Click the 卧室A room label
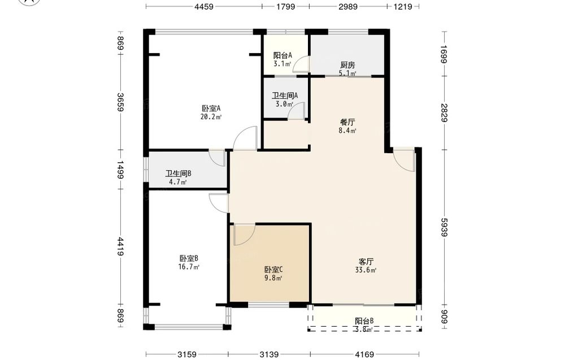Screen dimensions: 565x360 click(211, 108)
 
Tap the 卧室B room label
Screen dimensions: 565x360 click(189, 258)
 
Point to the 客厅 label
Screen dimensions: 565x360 click(366, 261)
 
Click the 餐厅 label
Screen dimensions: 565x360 click(347, 122)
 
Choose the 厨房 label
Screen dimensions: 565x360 click(347, 65)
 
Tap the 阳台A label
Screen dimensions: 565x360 click(282, 55)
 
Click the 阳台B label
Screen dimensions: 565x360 click(364, 320)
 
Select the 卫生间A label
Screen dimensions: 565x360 click(285, 96)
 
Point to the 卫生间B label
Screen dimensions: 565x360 click(179, 174)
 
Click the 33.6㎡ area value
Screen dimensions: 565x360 click(366, 270)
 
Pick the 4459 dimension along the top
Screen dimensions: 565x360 click(204, 6)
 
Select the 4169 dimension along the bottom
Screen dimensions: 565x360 click(364, 354)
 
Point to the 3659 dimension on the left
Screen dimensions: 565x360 click(120, 102)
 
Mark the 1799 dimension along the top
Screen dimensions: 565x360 click(286, 6)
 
